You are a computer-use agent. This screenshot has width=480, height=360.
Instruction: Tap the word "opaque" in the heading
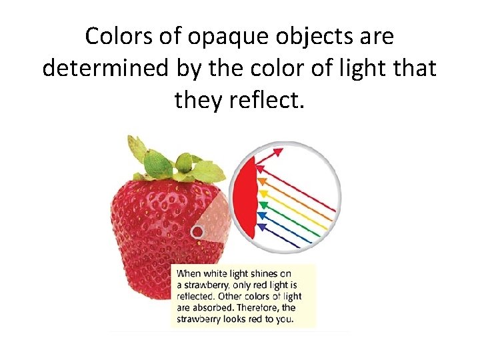coord(218,39)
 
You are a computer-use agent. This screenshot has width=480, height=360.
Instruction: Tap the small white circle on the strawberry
coord(197,232)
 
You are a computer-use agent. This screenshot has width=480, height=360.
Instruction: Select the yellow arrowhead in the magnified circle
coord(262,192)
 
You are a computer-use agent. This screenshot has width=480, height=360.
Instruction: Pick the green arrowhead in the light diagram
coord(263,203)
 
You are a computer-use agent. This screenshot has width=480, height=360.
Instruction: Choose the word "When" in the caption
coord(189,273)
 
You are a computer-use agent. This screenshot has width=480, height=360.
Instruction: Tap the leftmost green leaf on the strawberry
coord(136,145)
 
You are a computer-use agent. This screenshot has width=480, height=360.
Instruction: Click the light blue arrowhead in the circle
coord(261,215)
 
